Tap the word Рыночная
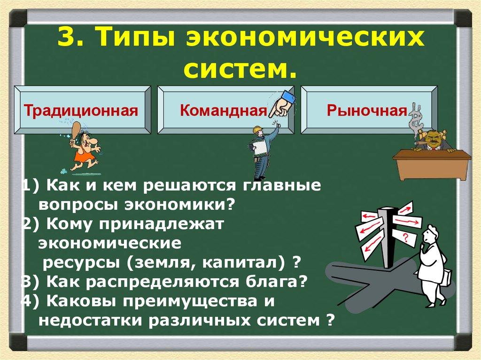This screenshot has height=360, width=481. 367,112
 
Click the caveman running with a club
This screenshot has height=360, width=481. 84,148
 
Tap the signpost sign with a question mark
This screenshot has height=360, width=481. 405,239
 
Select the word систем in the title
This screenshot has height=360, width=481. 240,70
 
